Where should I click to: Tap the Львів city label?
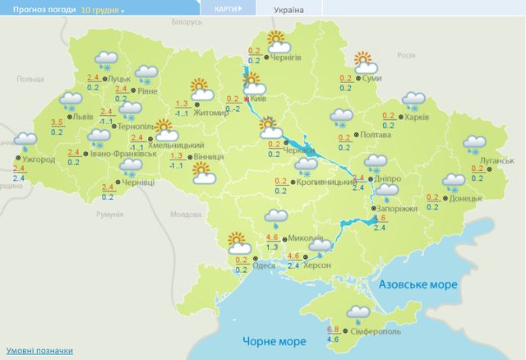coord(83,117)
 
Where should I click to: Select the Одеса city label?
coord(264,265)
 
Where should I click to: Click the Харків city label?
coord(418,118)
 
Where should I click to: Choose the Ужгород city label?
coord(38,158)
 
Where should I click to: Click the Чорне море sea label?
coord(268,340)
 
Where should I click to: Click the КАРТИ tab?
coord(228,9)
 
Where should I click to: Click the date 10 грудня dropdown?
coord(104,10)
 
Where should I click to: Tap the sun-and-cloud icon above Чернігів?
coord(276,39)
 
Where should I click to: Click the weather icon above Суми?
coord(362,60)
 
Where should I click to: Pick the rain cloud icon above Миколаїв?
coord(275,218)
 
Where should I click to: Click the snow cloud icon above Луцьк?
coord(105,60)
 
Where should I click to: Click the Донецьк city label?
coord(466,199)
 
